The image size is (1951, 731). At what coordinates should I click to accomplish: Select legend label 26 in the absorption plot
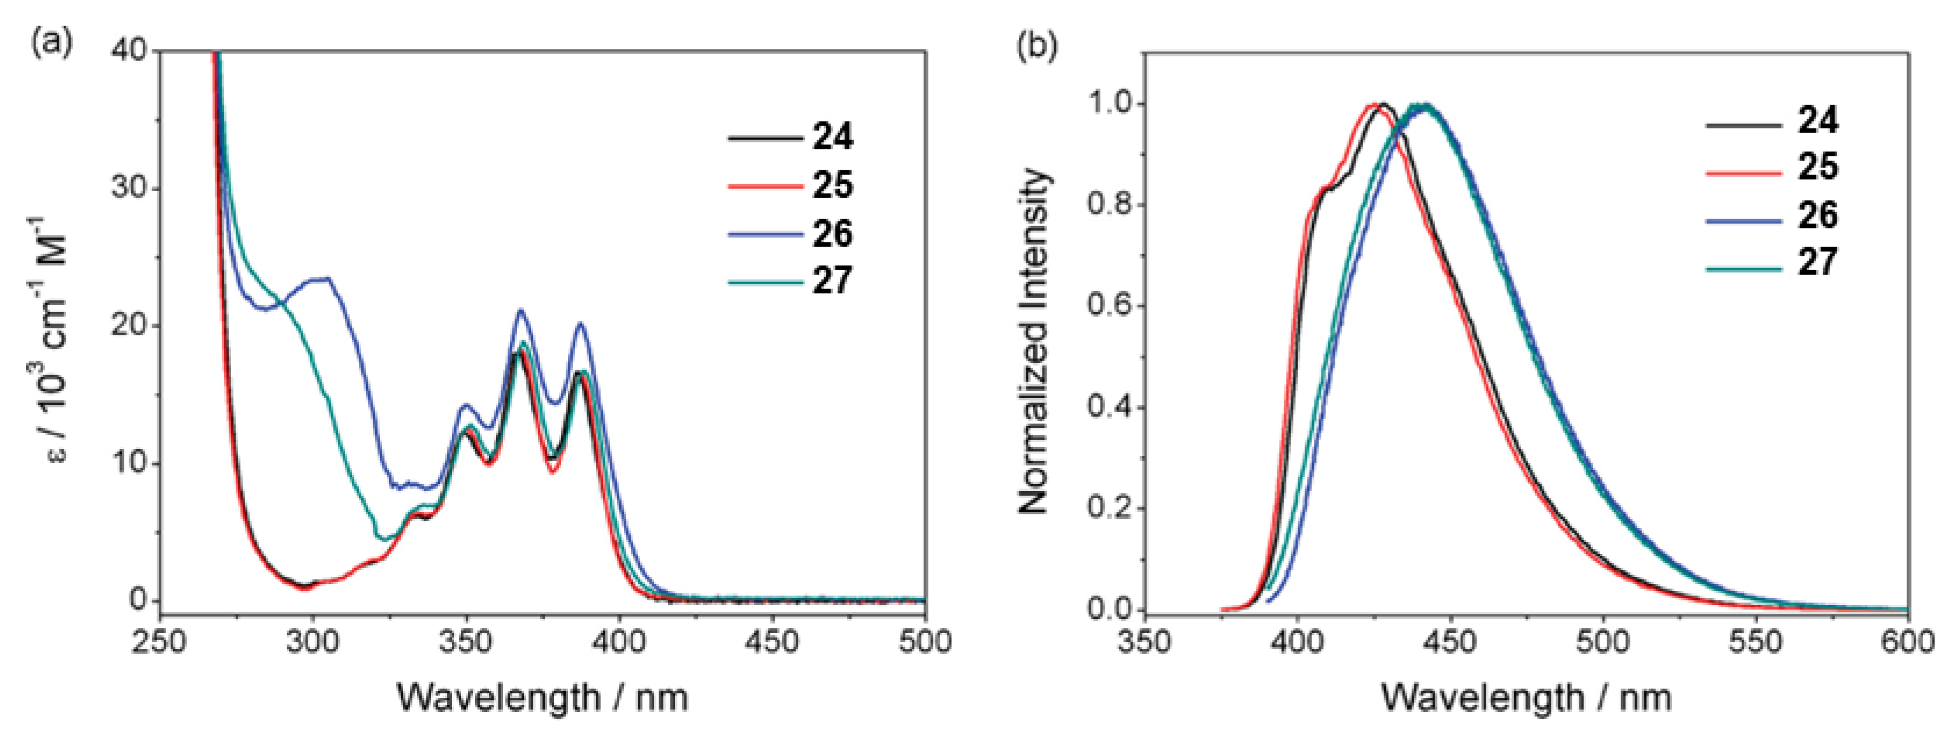[832, 234]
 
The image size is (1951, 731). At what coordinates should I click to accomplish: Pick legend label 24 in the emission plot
[1818, 121]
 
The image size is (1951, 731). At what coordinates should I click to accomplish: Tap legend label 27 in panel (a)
[832, 281]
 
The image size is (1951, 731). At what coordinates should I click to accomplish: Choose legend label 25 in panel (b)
[1818, 167]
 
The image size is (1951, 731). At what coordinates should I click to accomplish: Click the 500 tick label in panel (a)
[925, 642]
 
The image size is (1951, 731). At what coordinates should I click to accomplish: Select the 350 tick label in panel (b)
[1144, 642]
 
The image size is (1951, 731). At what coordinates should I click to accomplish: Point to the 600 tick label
[1907, 642]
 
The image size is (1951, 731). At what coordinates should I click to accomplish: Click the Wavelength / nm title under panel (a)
[542, 697]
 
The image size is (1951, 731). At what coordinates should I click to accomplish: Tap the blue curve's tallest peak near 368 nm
[520, 310]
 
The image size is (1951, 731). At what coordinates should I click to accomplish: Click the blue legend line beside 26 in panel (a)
[765, 235]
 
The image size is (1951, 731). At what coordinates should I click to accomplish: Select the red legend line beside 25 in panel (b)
[1742, 172]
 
